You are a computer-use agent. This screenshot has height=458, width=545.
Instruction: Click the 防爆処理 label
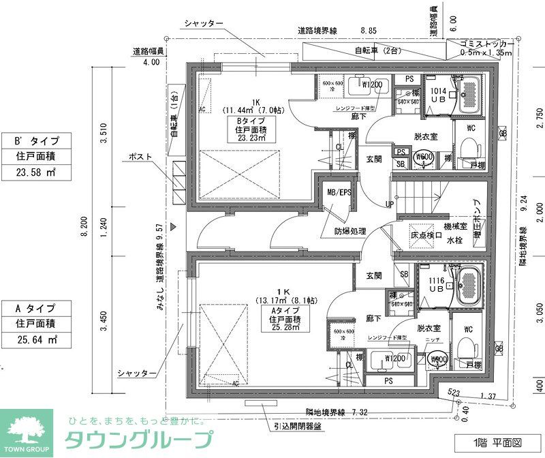(350, 231)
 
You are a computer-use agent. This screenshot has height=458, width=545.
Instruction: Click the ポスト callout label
(140, 157)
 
